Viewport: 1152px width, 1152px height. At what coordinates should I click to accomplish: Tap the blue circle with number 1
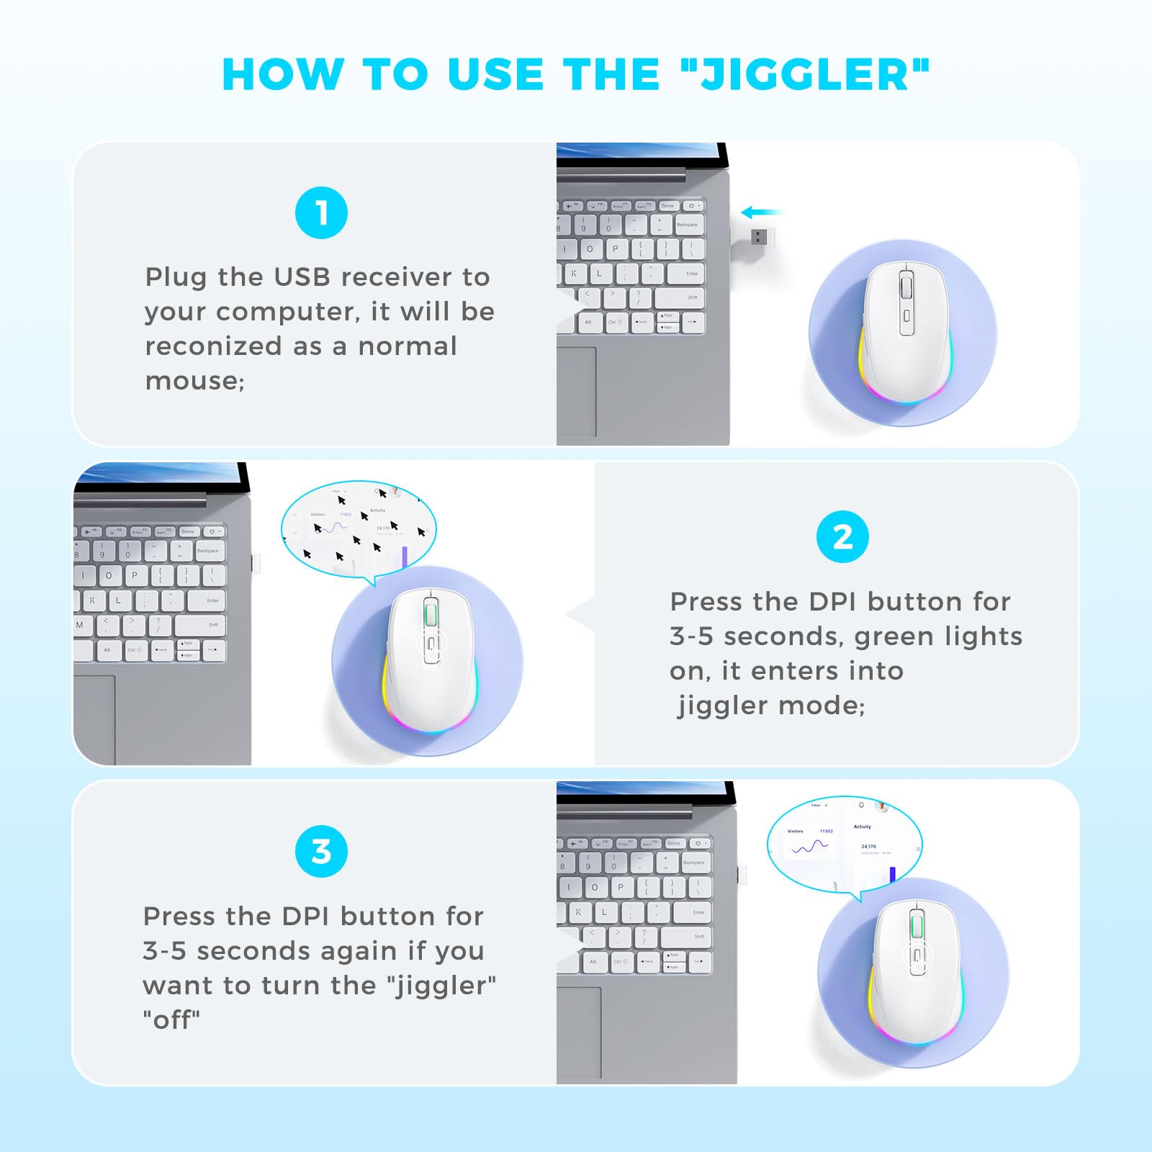point(321,213)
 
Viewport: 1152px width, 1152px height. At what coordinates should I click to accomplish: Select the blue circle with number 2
point(842,537)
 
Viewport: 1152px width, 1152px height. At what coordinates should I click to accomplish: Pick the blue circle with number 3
point(321,852)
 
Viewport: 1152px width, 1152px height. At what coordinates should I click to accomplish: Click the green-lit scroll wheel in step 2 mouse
point(431,616)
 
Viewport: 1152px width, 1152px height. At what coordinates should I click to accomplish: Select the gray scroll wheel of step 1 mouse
point(906,289)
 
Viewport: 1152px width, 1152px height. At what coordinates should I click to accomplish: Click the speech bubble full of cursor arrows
point(359,530)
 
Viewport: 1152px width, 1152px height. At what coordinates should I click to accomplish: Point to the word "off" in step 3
point(171,1020)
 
